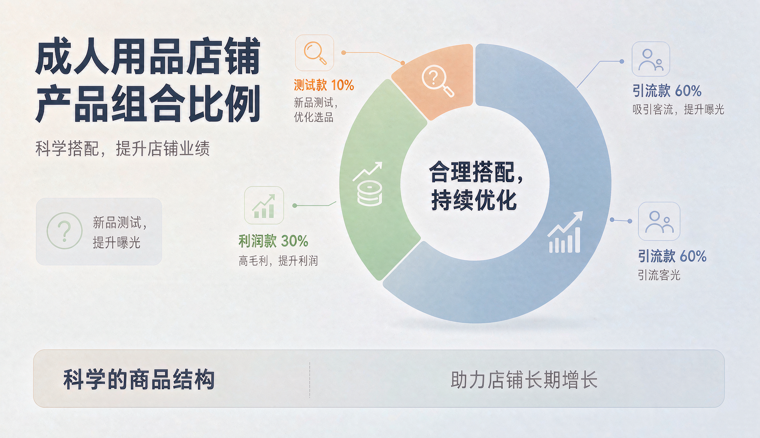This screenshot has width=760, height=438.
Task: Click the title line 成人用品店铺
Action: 148,56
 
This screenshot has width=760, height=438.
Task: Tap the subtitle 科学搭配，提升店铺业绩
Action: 122,148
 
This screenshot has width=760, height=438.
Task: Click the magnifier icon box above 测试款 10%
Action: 315,53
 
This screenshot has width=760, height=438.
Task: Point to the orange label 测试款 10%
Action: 324,85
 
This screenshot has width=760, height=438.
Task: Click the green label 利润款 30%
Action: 273,241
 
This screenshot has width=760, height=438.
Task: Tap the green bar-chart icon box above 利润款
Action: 264,205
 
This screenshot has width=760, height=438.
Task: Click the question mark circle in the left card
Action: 65,231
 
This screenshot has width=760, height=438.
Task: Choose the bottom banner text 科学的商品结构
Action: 139,379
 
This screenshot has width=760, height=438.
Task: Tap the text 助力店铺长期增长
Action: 524,380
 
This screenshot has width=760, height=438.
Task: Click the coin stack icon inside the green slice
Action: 369,193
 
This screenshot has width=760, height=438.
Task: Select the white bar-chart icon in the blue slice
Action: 565,232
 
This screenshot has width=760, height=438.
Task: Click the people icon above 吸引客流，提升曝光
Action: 651,59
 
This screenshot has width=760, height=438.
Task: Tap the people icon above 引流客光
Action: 659,221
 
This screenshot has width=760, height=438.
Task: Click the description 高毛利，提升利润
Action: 278,261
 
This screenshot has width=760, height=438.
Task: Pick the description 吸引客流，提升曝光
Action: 678,109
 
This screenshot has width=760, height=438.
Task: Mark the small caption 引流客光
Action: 659,275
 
